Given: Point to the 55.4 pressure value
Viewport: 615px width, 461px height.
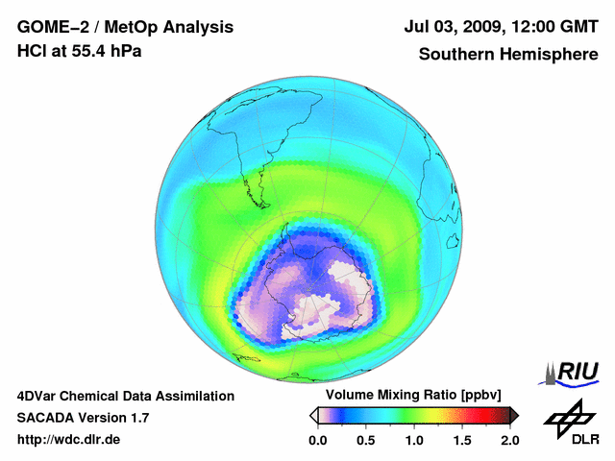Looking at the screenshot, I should [x=92, y=52].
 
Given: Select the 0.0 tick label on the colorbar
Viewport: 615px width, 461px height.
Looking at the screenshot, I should [x=318, y=441].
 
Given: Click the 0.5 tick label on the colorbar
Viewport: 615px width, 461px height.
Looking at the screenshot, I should [x=366, y=441].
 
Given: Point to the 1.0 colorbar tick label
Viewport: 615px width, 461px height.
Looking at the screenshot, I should [x=414, y=441].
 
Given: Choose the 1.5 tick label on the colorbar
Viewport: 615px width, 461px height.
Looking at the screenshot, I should [x=462, y=441].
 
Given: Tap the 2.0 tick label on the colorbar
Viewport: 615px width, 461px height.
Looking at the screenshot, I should [x=509, y=441].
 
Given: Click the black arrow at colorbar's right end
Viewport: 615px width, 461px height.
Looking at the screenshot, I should [x=514, y=415].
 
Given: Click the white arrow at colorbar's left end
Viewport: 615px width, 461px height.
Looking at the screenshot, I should [x=313, y=415].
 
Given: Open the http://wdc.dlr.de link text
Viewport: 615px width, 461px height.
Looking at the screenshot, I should [x=69, y=440].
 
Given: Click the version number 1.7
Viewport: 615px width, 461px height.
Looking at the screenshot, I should [x=137, y=418].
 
